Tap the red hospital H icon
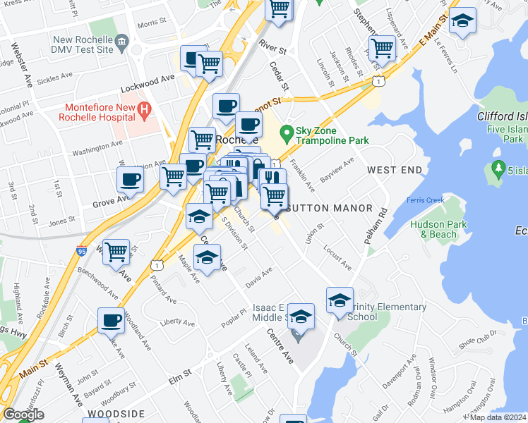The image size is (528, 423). click(x=144, y=109)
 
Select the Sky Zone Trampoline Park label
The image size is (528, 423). click(x=332, y=136)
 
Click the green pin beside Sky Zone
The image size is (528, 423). click(x=287, y=132)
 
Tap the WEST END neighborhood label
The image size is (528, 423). click(x=394, y=170)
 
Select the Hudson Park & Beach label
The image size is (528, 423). click(x=438, y=229)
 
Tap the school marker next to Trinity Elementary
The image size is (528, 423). click(x=340, y=300)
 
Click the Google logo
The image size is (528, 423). click(x=23, y=415)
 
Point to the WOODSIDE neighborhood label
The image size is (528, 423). click(x=116, y=414)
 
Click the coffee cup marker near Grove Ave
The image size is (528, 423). click(x=130, y=179)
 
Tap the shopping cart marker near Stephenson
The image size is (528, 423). click(x=382, y=48)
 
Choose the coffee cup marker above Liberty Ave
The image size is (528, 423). click(x=111, y=321)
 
